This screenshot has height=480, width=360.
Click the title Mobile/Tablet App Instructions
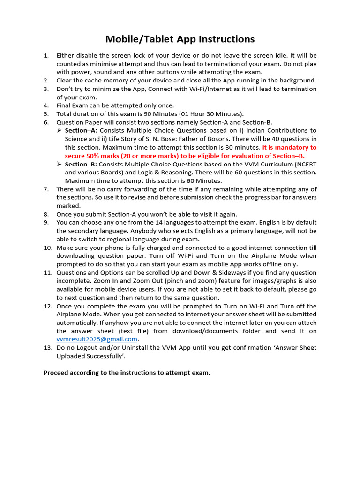(x=180, y=39)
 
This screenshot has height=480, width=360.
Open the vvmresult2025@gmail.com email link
(x=97, y=339)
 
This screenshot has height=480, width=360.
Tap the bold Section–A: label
(x=81, y=130)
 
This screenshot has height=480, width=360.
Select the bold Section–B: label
(x=81, y=164)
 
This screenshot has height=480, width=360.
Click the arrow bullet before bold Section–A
(x=60, y=130)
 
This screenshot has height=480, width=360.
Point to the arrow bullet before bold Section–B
(x=60, y=164)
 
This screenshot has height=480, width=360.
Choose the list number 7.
(x=46, y=189)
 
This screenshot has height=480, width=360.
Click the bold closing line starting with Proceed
(x=127, y=373)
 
